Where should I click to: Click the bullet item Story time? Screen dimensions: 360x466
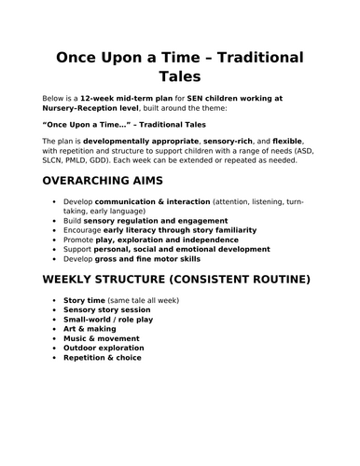[x=87, y=300]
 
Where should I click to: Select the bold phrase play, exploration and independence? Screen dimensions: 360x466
[x=166, y=240]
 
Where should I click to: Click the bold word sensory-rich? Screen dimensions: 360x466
[x=228, y=140]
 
